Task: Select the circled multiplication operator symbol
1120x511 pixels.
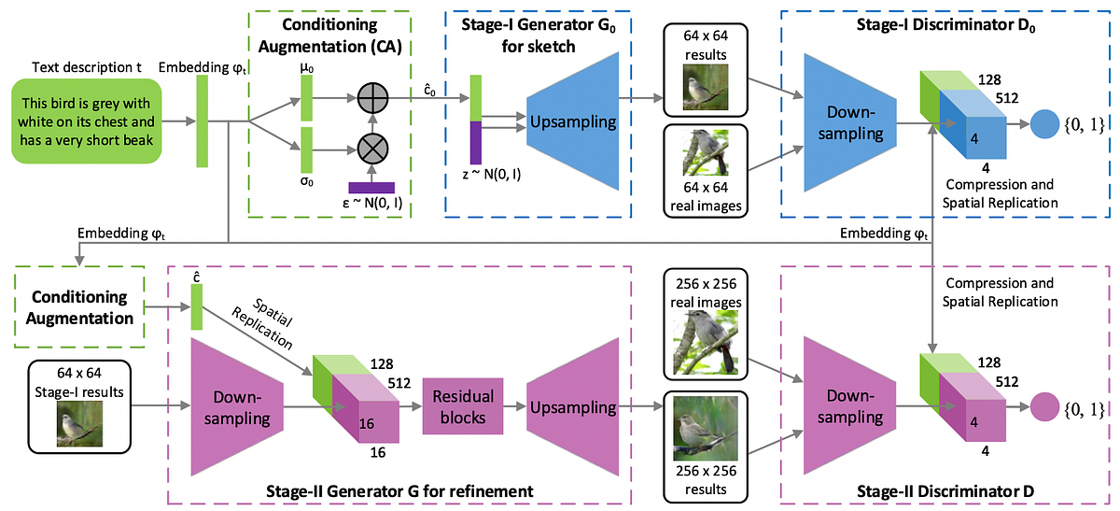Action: (x=373, y=148)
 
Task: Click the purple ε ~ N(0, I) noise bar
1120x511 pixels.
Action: (x=371, y=187)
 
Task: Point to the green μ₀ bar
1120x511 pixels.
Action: (x=305, y=97)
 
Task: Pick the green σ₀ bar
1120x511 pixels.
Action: (x=305, y=149)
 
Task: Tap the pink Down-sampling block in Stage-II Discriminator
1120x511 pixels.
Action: (x=845, y=408)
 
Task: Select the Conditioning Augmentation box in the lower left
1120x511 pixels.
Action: (x=80, y=307)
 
